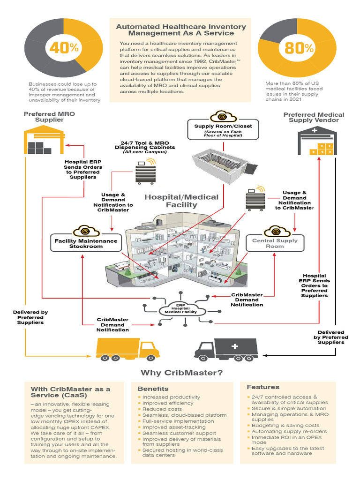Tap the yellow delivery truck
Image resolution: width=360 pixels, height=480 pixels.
point(127,350)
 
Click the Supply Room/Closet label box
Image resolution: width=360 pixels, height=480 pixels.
point(223,129)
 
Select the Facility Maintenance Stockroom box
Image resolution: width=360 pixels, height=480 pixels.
point(85,242)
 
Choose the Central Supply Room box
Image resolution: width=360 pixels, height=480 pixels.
point(275,243)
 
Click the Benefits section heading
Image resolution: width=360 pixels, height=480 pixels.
point(153,389)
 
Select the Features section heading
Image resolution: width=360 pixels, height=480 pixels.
point(263,387)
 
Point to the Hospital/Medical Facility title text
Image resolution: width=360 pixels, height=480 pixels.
point(181,201)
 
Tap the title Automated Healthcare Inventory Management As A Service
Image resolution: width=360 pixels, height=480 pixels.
point(180,30)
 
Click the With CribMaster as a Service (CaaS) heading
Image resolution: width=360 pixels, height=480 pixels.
point(70,392)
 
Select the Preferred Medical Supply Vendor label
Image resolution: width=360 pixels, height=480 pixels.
point(314,117)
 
